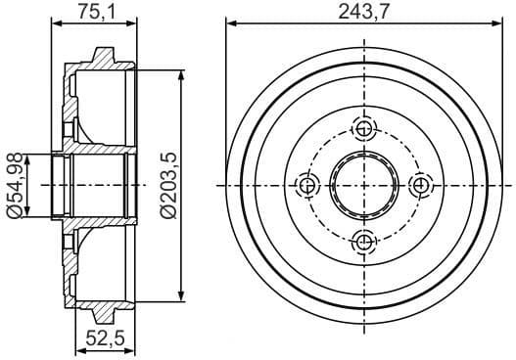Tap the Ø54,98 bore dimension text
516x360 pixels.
pyautogui.click(x=15, y=185)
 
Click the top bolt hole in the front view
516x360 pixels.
pyautogui.click(x=365, y=129)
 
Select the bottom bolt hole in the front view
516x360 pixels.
pyautogui.click(x=365, y=242)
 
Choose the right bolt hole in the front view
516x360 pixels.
pyautogui.click(x=421, y=185)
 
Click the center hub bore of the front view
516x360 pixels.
pyautogui.click(x=365, y=185)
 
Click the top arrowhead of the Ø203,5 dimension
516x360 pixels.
pyautogui.click(x=182, y=74)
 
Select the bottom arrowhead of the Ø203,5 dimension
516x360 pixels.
pyautogui.click(x=182, y=296)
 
